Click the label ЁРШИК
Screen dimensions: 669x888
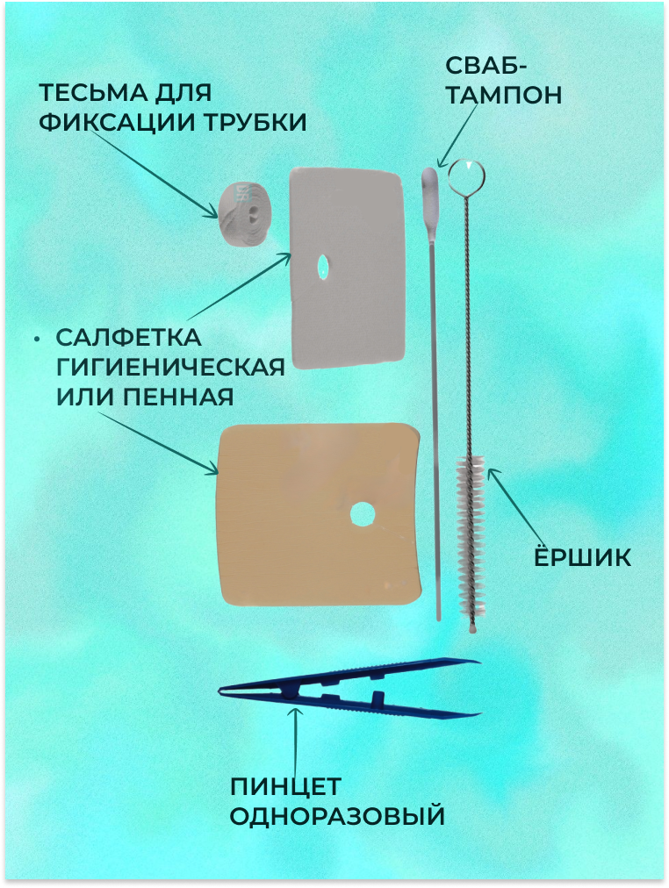(583, 558)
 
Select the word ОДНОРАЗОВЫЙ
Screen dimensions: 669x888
(337, 817)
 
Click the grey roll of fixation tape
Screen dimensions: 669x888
(241, 212)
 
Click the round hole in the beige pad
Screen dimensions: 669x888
(361, 514)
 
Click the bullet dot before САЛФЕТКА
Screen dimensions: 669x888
(36, 339)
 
